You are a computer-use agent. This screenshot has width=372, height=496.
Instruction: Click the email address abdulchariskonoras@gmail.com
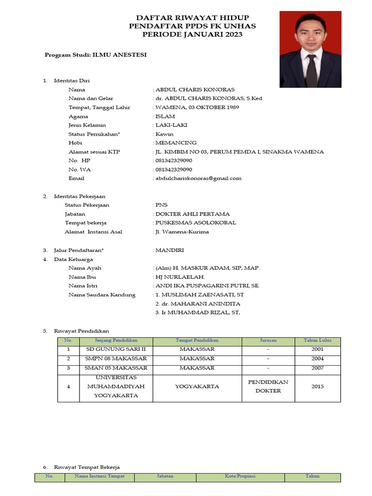coord(198,178)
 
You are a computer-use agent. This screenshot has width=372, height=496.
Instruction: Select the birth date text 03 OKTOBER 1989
coord(213,107)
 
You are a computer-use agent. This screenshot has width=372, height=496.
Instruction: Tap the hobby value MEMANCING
coord(176,143)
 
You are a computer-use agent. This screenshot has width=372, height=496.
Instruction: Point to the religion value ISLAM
coord(165,116)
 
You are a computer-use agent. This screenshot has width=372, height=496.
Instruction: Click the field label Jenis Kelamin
coord(87,125)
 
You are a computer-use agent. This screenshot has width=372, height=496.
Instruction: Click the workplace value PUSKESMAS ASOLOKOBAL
coord(196,223)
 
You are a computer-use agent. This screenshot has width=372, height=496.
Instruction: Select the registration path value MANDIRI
coord(170,250)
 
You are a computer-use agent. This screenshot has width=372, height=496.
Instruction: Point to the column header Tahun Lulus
coord(317,341)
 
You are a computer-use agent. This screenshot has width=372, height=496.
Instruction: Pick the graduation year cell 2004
coord(318,359)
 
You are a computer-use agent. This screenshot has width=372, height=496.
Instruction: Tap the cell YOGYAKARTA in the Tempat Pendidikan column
coord(197,387)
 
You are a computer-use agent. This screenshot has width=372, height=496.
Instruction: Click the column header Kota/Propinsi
coord(240,476)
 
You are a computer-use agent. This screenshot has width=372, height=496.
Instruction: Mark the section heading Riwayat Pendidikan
coord(81,331)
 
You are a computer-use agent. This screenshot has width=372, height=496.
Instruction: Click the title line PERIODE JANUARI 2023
coord(192,34)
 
